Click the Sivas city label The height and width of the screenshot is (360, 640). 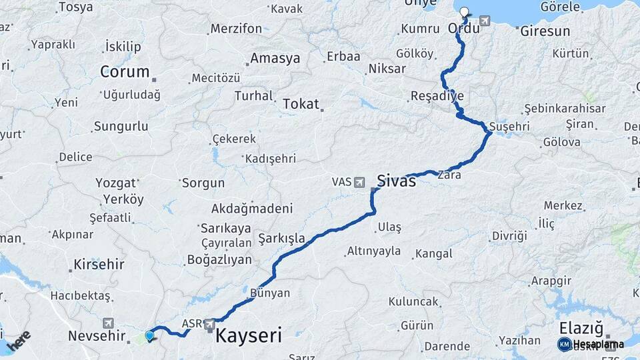(396, 180)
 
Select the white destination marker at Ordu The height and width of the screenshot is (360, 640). (464, 12)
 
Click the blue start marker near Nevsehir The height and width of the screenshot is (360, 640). (149, 335)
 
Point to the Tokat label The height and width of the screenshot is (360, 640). (301, 104)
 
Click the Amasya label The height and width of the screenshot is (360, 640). (275, 58)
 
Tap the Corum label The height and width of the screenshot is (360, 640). (125, 71)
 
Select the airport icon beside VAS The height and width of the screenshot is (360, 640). (360, 181)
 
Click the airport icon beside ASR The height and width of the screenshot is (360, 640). (210, 324)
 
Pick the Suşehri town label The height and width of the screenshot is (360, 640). (509, 126)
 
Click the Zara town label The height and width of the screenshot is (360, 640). (449, 175)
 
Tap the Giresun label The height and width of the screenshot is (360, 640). (545, 31)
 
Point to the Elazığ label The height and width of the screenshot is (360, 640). (581, 328)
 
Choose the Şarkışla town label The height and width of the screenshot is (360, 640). (281, 238)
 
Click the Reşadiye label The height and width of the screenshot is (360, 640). (437, 95)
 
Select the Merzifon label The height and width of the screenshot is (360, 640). (236, 29)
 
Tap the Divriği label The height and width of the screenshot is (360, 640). (509, 236)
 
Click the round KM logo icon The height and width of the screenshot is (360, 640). (564, 344)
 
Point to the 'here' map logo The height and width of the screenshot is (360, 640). (19, 340)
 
